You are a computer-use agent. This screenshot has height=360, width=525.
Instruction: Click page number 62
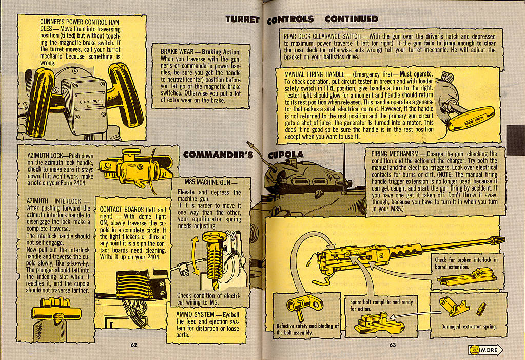133,345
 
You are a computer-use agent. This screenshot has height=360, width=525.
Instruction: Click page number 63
393,345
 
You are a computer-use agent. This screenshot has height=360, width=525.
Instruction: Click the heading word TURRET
243,19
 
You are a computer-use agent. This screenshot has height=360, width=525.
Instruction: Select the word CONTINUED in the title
352,19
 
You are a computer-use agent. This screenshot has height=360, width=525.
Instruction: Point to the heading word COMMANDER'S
218,154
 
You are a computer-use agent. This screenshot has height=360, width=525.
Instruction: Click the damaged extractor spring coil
481,309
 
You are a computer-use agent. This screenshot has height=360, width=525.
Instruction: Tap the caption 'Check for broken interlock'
466,260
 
